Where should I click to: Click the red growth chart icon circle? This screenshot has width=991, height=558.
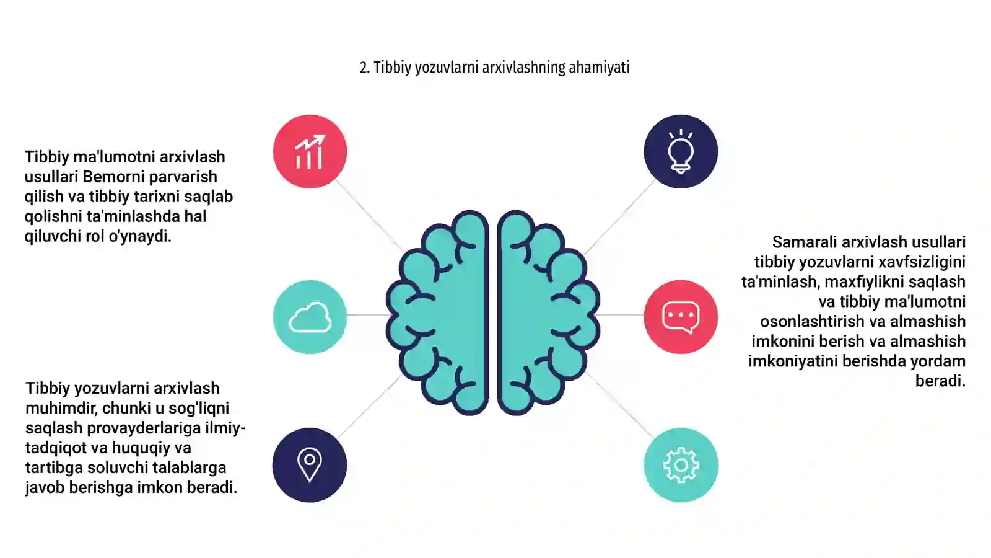[x=310, y=151]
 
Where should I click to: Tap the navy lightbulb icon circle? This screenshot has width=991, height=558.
[x=681, y=151]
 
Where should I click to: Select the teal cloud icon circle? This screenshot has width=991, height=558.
[x=310, y=317]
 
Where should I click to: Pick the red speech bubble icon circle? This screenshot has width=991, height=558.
[x=681, y=317]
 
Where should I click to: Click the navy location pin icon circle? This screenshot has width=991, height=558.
[x=310, y=465]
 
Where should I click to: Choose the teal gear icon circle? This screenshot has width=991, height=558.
[x=681, y=465]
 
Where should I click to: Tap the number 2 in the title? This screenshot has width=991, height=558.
[x=363, y=68]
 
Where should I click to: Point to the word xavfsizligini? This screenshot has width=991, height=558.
[x=922, y=262]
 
